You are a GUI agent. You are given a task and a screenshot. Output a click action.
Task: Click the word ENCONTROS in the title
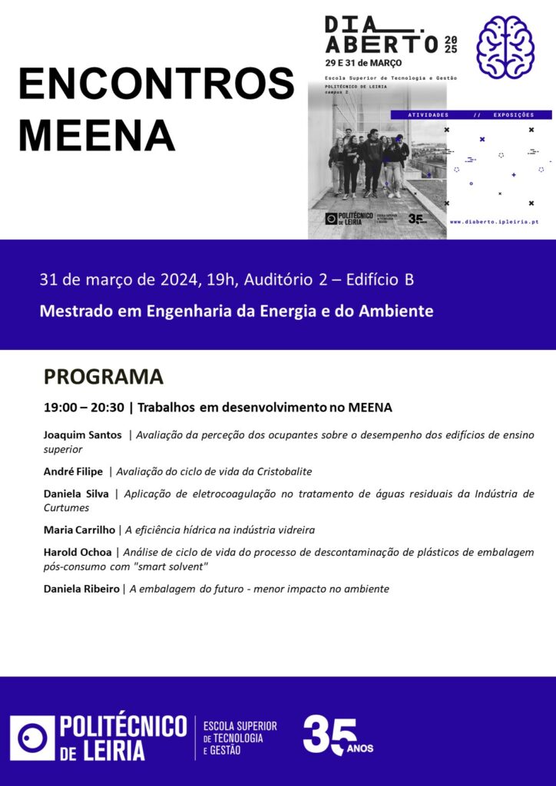coord(156,84)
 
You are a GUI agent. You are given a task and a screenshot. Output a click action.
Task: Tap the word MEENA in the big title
coord(97,135)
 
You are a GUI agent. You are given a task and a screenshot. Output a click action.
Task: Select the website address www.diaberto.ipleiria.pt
coord(494,222)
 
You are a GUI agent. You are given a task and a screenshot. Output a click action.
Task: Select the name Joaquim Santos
coord(83,435)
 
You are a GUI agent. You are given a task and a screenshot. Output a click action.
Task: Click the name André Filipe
coord(73,471)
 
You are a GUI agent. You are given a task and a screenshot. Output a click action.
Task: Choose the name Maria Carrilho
coord(79,530)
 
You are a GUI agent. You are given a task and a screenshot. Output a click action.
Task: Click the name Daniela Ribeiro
coord(81,589)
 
